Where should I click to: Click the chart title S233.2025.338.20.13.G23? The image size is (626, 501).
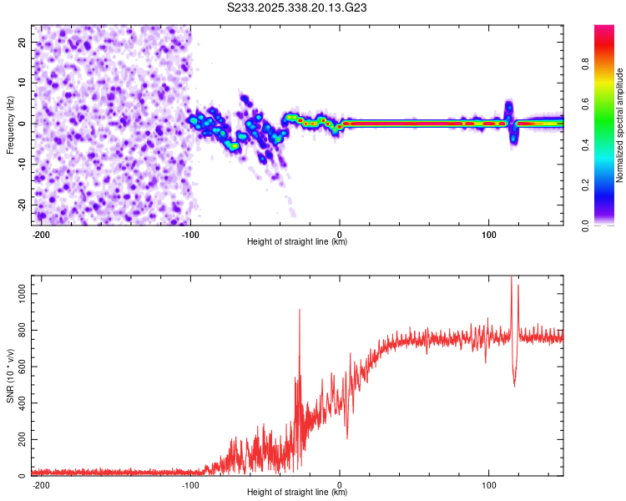pos(298,9)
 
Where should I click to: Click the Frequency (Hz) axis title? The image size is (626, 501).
pos(10,125)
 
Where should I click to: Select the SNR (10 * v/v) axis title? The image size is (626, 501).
pos(10,376)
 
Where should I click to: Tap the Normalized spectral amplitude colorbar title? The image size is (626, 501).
pos(620,125)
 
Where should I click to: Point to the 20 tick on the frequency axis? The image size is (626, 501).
pos(23,42)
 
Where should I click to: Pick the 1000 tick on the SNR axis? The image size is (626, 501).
pos(18,294)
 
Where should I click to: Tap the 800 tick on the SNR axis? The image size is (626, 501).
pos(21,331)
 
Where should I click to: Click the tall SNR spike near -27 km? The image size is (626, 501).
pos(299,311)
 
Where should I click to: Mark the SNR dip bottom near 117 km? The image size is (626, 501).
pos(514,385)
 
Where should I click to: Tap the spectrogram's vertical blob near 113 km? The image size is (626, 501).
pos(508,113)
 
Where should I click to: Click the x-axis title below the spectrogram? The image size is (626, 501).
pos(297,243)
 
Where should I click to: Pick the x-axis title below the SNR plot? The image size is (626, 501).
pos(297,493)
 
